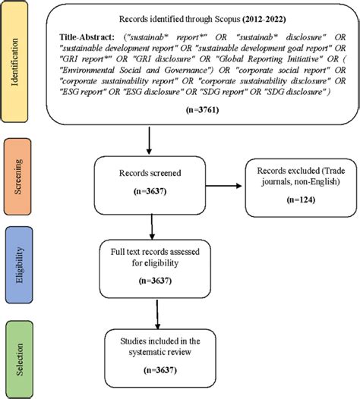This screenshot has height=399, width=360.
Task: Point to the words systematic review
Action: point(156,353)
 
